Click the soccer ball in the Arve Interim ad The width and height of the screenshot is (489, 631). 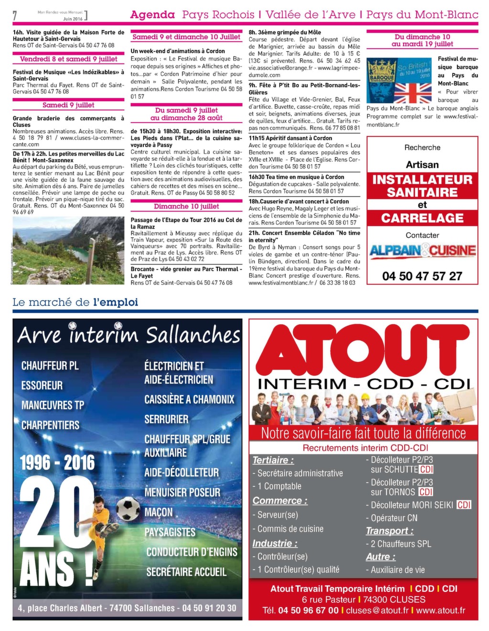pyautogui.click(x=128, y=509)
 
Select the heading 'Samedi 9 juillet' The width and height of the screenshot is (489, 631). pyautogui.click(x=68, y=105)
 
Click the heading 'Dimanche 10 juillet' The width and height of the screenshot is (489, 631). pyautogui.click(x=186, y=206)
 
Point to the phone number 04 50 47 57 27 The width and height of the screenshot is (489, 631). pyautogui.click(x=422, y=276)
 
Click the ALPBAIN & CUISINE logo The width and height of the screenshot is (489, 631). pyautogui.click(x=422, y=251)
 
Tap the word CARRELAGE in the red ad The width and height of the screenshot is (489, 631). pyautogui.click(x=422, y=218)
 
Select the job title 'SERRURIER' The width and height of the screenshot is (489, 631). pyautogui.click(x=166, y=419)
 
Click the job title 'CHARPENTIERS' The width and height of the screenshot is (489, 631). pyautogui.click(x=50, y=425)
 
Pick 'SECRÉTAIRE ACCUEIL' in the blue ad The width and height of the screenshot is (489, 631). pyautogui.click(x=186, y=572)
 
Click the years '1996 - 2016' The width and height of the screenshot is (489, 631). pyautogui.click(x=57, y=462)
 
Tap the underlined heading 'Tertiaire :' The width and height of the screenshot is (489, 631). pyautogui.click(x=273, y=460)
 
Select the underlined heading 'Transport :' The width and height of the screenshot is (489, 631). pyautogui.click(x=389, y=531)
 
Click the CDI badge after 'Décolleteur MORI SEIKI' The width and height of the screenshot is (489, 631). pyautogui.click(x=464, y=505)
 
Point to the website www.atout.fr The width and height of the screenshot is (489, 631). pyautogui.click(x=440, y=610)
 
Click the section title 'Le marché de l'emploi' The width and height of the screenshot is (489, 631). pyautogui.click(x=75, y=302)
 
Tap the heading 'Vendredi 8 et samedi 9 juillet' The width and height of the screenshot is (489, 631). pyautogui.click(x=68, y=59)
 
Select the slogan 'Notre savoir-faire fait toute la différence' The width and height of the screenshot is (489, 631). pyautogui.click(x=363, y=433)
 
